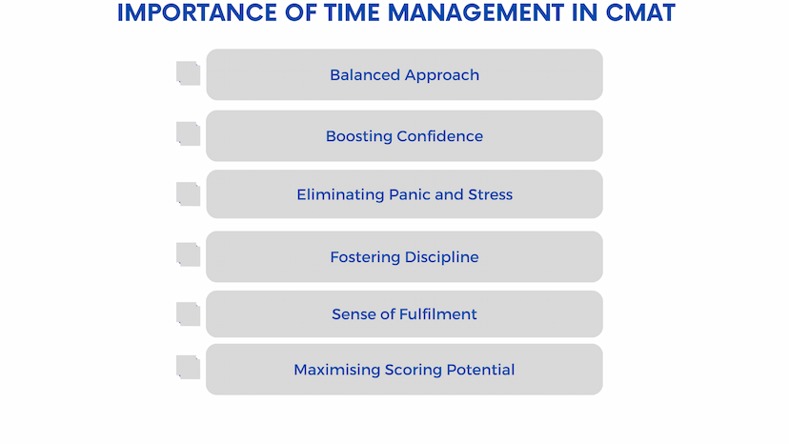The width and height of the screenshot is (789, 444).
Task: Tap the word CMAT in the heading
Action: [640, 12]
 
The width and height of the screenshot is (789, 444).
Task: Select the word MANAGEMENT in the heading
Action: [476, 12]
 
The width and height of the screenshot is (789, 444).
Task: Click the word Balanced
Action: [365, 75]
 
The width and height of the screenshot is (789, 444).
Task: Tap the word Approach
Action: [442, 76]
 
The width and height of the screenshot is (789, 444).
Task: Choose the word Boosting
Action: [359, 137]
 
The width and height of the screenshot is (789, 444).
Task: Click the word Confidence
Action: [440, 136]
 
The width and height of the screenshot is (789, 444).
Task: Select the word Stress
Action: [490, 194]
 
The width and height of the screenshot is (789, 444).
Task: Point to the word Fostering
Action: [365, 258]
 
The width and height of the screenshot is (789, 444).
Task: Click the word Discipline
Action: [442, 258]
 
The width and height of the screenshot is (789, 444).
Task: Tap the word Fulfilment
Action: [437, 314]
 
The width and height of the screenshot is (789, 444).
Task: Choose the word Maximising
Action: [337, 371]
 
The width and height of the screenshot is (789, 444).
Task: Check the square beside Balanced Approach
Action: [188, 73]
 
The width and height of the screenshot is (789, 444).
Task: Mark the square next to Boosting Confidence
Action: [188, 134]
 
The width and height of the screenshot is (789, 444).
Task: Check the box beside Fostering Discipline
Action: [188, 254]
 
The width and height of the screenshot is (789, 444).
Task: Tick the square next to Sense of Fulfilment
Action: [188, 314]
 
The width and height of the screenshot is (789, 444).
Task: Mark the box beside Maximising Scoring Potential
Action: [188, 368]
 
